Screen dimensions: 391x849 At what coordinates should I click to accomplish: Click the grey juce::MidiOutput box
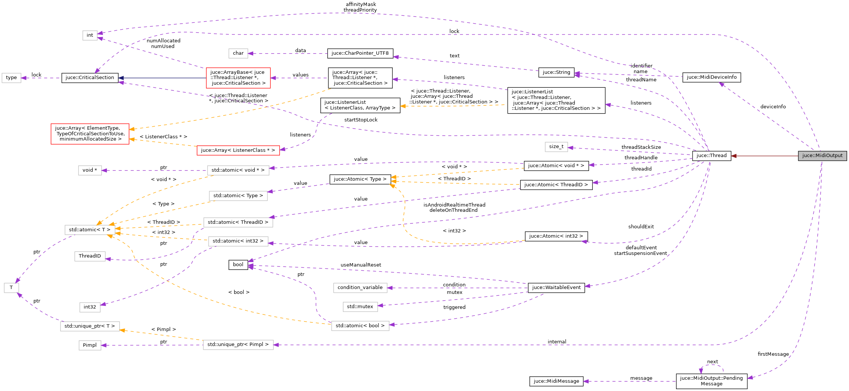click(x=822, y=156)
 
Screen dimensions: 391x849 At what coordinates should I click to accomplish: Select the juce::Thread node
click(x=711, y=156)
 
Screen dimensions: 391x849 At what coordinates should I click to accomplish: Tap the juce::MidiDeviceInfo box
click(x=711, y=77)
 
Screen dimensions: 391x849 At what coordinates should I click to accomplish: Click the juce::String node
click(x=556, y=72)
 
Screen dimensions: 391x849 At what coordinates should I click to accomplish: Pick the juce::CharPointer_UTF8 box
click(x=360, y=53)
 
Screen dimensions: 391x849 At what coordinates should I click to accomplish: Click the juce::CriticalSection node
click(x=90, y=78)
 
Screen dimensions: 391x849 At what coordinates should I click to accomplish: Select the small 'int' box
click(x=90, y=35)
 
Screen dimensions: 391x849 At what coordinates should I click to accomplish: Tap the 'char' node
click(x=238, y=53)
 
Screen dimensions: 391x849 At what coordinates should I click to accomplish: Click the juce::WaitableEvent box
click(x=556, y=288)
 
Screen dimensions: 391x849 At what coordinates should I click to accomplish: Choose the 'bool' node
click(x=238, y=265)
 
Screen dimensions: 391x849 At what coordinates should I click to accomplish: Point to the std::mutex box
click(x=360, y=307)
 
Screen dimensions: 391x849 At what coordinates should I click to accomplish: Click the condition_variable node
click(x=360, y=288)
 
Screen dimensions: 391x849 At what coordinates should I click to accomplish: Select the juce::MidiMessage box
click(x=556, y=381)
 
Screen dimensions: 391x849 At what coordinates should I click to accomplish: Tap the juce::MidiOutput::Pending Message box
click(x=711, y=381)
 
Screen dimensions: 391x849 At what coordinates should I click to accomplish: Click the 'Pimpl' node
click(x=90, y=345)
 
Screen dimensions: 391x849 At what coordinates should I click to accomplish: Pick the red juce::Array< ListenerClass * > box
click(x=238, y=150)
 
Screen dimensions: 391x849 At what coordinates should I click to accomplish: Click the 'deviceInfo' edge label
click(x=773, y=107)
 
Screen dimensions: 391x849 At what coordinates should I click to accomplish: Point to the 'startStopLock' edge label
click(x=361, y=120)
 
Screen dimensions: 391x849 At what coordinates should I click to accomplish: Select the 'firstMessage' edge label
click(x=773, y=354)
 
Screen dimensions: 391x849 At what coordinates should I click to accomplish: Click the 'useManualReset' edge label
click(x=361, y=265)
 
